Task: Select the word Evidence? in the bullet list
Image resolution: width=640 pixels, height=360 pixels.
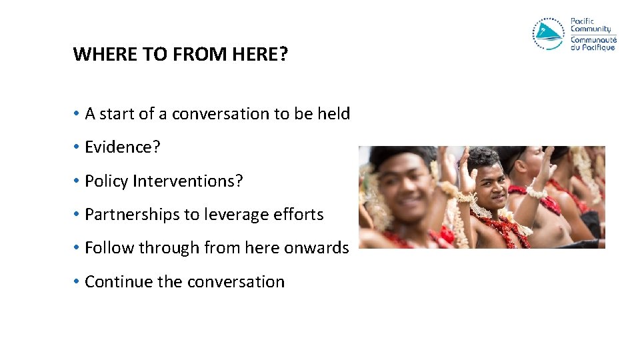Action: click(x=123, y=147)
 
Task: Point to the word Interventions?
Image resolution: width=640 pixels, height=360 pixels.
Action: click(x=188, y=181)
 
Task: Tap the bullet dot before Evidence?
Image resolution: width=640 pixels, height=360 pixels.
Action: click(x=77, y=147)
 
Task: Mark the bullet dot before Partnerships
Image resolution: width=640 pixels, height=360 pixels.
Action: click(x=77, y=215)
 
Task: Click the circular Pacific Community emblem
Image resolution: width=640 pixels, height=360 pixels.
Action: click(x=549, y=34)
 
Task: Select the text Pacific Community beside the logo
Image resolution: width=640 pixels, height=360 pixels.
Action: click(x=590, y=25)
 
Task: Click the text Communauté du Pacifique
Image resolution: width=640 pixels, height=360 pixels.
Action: click(x=593, y=43)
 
